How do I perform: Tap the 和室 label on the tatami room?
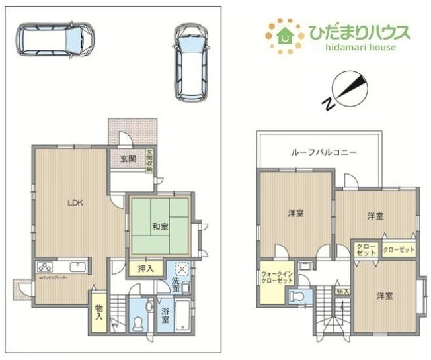click(159, 226)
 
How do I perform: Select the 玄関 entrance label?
click(128, 159)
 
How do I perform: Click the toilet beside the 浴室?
click(137, 322)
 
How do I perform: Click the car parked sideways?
click(55, 40)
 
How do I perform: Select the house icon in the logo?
click(286, 34)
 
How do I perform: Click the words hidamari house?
click(359, 48)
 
